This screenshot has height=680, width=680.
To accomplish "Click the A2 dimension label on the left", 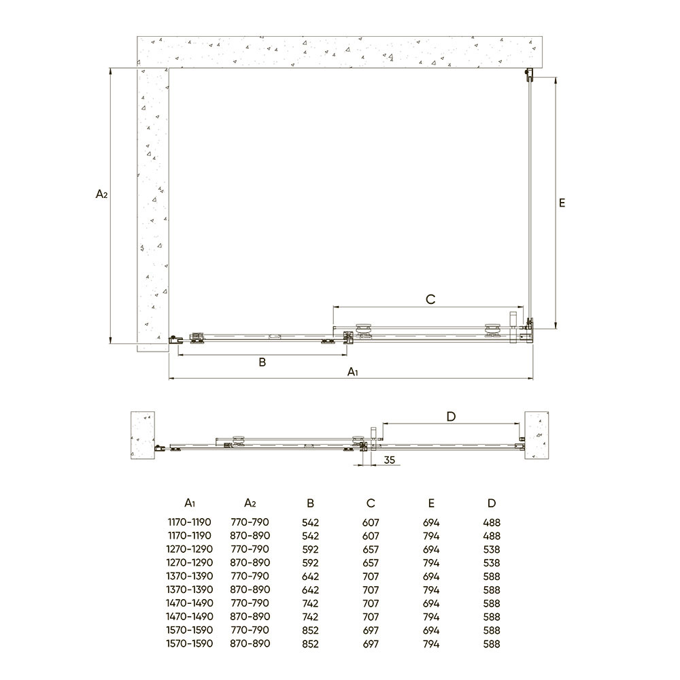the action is coord(101,194).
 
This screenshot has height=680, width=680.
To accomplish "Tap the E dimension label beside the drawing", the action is coord(562,203).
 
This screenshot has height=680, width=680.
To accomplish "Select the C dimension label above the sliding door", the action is coord(430,299).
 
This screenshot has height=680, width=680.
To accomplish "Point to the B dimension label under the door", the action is coord(262,362).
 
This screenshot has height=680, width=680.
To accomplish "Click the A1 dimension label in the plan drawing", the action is coord(353,372).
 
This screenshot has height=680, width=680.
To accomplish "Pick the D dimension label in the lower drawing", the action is coord(451,416).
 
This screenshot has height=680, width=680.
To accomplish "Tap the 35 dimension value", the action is coord(390,460).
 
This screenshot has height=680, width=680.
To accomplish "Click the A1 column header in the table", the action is coord(190,503).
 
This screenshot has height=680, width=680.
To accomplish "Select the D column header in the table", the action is coord(492,503).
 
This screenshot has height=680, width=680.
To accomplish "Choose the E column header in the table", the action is coord(431,503).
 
